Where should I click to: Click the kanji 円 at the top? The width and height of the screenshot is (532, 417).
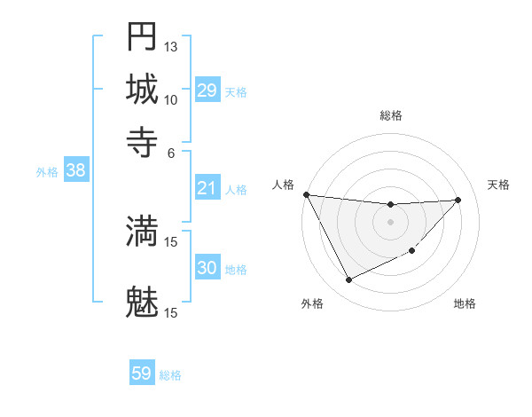pyautogui.click(x=142, y=36)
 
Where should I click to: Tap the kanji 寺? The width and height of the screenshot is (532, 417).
pyautogui.click(x=142, y=141)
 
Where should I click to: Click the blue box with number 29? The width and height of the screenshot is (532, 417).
pyautogui.click(x=207, y=90)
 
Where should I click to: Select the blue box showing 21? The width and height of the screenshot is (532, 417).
pyautogui.click(x=207, y=188)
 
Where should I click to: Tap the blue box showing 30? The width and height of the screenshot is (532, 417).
pyautogui.click(x=207, y=268)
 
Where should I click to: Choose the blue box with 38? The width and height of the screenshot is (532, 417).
pyautogui.click(x=75, y=171)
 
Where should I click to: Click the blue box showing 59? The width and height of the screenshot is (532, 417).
pyautogui.click(x=141, y=374)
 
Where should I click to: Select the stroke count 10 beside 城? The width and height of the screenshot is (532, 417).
pyautogui.click(x=171, y=99)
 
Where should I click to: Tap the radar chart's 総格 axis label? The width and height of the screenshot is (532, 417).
pyautogui.click(x=390, y=115)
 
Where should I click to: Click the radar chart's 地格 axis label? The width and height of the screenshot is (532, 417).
pyautogui.click(x=465, y=304)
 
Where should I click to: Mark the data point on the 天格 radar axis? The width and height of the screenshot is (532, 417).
pyautogui.click(x=458, y=200)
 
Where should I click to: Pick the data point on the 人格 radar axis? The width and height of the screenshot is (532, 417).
pyautogui.click(x=306, y=194)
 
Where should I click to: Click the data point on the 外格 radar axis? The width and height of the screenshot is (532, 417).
pyautogui.click(x=348, y=280)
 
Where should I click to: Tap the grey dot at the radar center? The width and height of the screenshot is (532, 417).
pyautogui.click(x=390, y=222)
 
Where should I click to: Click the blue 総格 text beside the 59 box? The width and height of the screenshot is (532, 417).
pyautogui.click(x=170, y=375)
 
